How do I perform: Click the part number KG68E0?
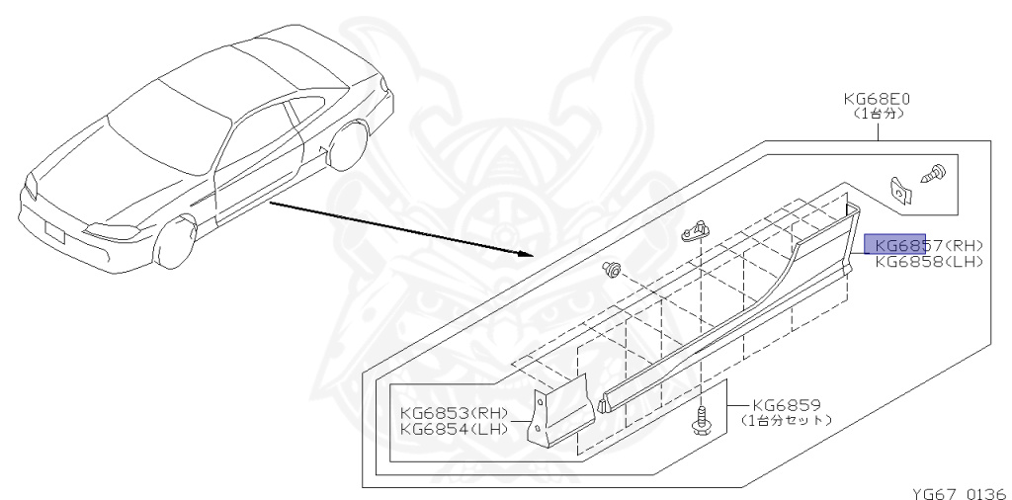point(876,100)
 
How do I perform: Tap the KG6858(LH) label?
point(928,262)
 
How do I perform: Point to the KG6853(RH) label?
point(454,413)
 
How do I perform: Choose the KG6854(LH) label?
point(454,429)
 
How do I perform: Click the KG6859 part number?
point(786,404)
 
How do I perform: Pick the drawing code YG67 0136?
point(957,491)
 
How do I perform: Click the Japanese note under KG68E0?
point(877,115)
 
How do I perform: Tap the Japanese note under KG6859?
point(786,420)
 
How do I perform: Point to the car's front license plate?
point(55,233)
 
